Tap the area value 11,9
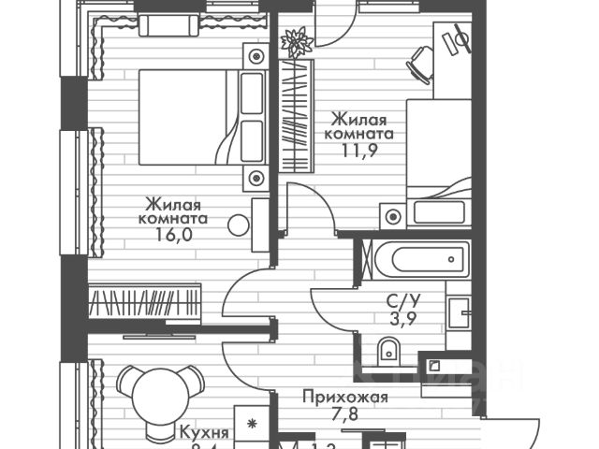pyautogui.click(x=359, y=152)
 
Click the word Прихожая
pyautogui.click(x=344, y=397)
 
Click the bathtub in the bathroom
pyautogui.click(x=415, y=254)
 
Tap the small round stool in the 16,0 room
pyautogui.click(x=240, y=224)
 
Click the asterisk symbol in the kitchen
pyautogui.click(x=251, y=424)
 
